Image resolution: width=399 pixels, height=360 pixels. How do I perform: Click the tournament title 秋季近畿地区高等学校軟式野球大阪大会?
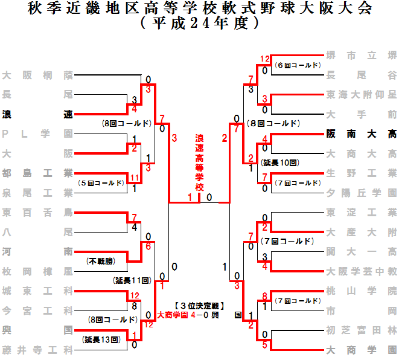click(199, 9)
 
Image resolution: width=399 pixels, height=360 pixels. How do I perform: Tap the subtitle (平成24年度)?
click(199, 24)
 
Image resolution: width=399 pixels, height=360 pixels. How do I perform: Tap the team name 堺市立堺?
click(361, 56)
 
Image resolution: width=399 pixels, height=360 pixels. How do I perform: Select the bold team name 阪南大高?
click(361, 134)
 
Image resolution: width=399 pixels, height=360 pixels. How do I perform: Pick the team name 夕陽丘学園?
click(361, 193)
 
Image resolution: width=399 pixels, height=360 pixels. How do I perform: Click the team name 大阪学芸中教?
click(361, 271)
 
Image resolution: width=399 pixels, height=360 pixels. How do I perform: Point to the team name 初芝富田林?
click(361, 329)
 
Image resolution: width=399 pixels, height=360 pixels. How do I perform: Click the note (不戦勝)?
click(101, 261)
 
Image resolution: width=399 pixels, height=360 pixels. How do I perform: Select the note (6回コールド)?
click(296, 65)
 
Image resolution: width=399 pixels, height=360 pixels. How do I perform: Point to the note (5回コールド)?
click(101, 182)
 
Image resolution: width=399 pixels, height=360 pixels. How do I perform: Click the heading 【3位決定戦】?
click(199, 306)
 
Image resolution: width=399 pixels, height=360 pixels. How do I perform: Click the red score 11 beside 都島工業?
click(135, 178)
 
